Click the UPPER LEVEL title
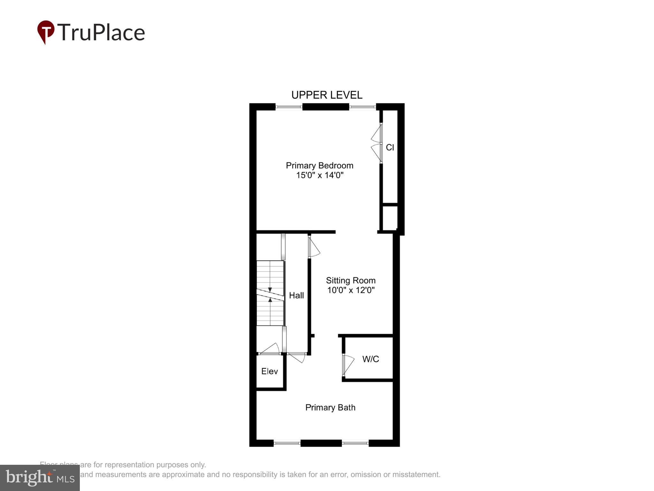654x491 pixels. click(x=327, y=95)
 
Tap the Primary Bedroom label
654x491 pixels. click(x=319, y=166)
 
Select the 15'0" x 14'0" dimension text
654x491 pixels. click(x=320, y=175)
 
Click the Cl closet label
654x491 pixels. click(x=390, y=147)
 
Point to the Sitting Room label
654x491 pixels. click(x=351, y=281)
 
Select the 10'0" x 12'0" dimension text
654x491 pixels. click(x=351, y=290)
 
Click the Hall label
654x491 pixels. click(x=296, y=295)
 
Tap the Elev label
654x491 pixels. click(x=270, y=371)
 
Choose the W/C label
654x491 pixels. click(x=370, y=359)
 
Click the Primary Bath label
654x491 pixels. click(x=330, y=408)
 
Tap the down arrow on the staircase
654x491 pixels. click(x=270, y=290)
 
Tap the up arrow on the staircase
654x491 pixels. click(x=270, y=300)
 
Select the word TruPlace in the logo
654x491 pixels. click(x=101, y=32)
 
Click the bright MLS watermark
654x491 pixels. click(x=40, y=478)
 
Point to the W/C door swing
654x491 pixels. click(x=349, y=364)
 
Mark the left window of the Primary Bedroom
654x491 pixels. click(x=289, y=107)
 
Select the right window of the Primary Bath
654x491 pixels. click(x=355, y=443)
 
